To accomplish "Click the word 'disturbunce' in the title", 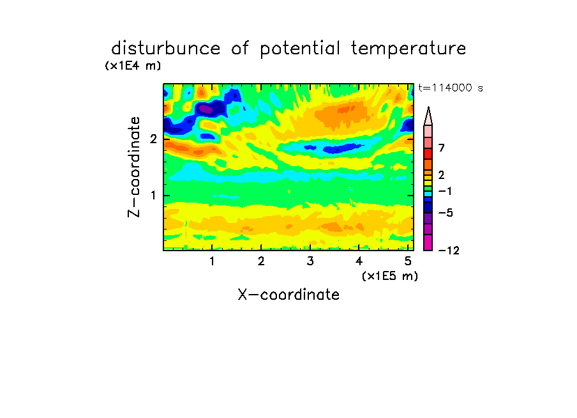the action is coord(166,49).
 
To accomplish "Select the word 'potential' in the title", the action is coord(300,49).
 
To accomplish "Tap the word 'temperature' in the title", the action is coord(408,49).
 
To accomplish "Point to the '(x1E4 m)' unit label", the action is coord(133,66).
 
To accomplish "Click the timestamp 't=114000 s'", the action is coord(451,88).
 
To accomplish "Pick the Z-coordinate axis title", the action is coord(134,167).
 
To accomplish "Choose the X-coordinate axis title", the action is coord(288,295).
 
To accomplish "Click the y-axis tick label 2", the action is coord(153,139).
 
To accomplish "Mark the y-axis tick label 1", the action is coord(153,195).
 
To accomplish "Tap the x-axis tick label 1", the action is coord(212,261).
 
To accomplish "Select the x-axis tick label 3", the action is coord(310,261).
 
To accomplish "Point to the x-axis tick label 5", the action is coord(408,261).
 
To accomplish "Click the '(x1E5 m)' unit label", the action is coord(390,276).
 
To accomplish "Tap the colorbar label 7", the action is coord(442,148).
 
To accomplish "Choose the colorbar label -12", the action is coord(449,251).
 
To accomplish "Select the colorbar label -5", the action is coord(446,213).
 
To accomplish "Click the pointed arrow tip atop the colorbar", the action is coord(428,107).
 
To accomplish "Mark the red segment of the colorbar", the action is coord(428,153).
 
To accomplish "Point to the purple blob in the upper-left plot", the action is coord(206,109).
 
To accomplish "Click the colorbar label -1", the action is coord(446,191).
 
